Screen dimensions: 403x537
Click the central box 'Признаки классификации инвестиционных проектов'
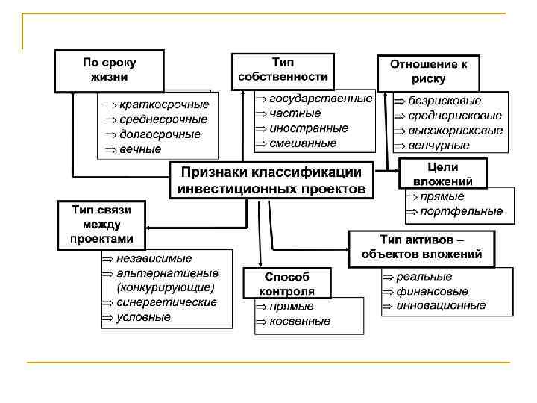tap(271, 180)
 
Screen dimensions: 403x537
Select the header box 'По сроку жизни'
tap(109, 70)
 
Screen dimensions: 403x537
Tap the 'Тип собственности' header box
tap(283, 70)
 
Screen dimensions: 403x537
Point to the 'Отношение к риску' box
tap(428, 72)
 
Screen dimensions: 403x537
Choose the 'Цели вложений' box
tap(443, 174)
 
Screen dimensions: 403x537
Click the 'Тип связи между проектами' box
tap(101, 225)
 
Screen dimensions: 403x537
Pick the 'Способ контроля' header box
tap(286, 284)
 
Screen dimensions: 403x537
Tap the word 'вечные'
tap(140, 149)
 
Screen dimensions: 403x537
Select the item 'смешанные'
tap(303, 143)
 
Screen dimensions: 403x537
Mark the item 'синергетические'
tap(167, 302)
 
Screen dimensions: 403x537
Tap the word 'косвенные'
tap(300, 321)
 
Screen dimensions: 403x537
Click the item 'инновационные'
tap(441, 305)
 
